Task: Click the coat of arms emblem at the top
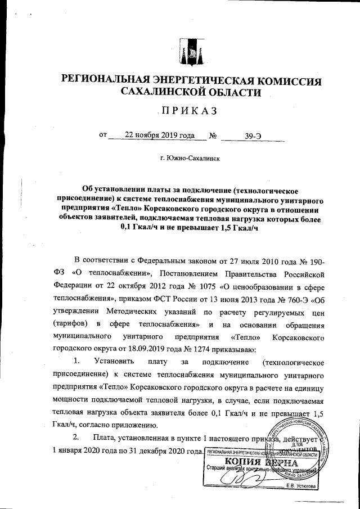pos(190,52)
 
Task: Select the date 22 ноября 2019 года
pos(160,136)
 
